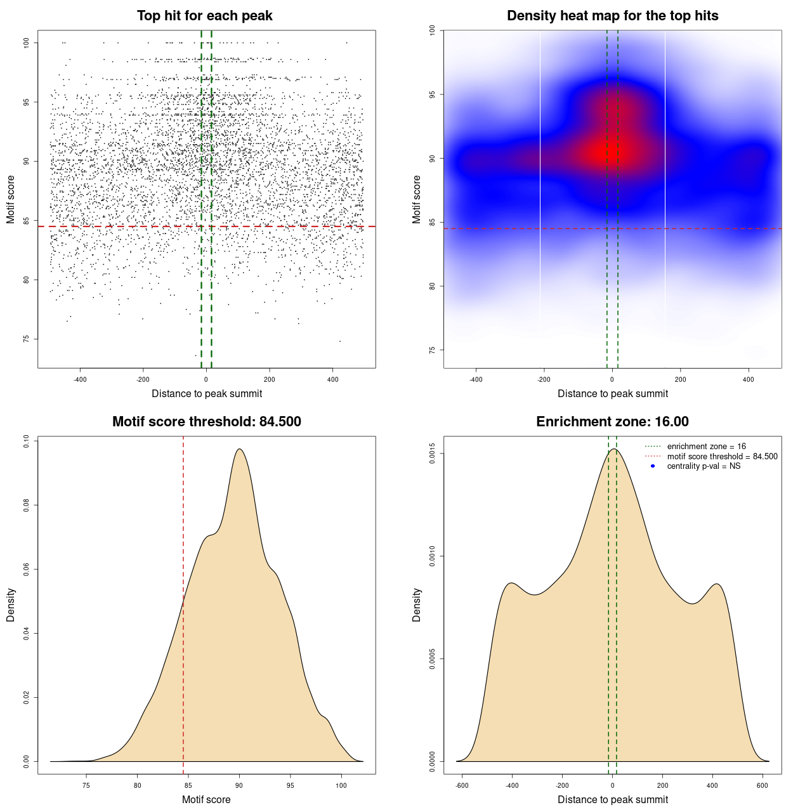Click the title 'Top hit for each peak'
[204, 16]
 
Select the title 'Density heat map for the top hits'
[612, 16]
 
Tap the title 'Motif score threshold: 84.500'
[206, 422]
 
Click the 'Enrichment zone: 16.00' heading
[612, 422]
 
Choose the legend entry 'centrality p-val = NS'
[704, 466]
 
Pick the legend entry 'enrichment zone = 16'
[706, 447]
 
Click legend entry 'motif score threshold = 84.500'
[722, 457]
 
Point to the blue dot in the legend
[653, 466]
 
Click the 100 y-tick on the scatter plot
[27, 43]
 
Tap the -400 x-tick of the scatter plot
[80, 379]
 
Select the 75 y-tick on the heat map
[433, 350]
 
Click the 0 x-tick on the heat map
[612, 379]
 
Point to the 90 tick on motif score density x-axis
[239, 785]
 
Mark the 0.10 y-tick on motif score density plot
[27, 441]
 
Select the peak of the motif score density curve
[239, 449]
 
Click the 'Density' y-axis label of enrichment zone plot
[417, 605]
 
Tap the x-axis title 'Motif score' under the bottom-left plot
[206, 799]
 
